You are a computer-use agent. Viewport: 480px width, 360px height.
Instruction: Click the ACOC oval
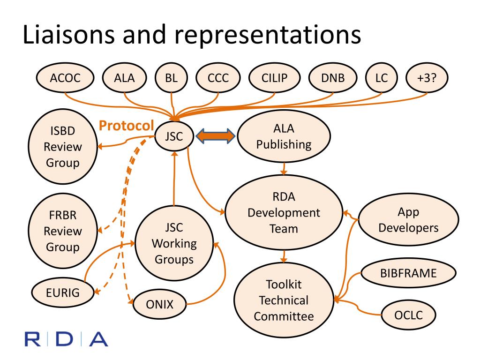point(65,78)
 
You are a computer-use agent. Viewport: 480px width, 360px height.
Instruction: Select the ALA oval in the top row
point(124,78)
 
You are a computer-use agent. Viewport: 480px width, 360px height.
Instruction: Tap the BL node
point(171,78)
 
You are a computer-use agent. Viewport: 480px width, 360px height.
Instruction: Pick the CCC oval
point(218,78)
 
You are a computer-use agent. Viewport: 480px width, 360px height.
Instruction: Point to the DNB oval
point(332,78)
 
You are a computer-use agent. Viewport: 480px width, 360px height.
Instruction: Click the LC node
point(382,78)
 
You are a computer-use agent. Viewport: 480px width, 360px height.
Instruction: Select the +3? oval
point(426,78)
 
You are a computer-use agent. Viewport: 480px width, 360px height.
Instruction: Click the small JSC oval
point(173,136)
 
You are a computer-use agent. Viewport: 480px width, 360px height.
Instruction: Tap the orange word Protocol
point(126,125)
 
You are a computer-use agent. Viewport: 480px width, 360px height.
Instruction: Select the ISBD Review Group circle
point(63,146)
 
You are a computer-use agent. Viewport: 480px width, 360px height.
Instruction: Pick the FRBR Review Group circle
point(63,231)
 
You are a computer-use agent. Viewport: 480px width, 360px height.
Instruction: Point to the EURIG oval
point(63,293)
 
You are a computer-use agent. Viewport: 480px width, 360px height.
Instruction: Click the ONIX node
point(160,304)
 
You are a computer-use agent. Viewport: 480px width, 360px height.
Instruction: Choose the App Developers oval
point(408,220)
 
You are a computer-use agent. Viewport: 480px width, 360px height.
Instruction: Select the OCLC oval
point(408,315)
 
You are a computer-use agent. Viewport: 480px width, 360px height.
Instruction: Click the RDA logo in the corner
point(67,338)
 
